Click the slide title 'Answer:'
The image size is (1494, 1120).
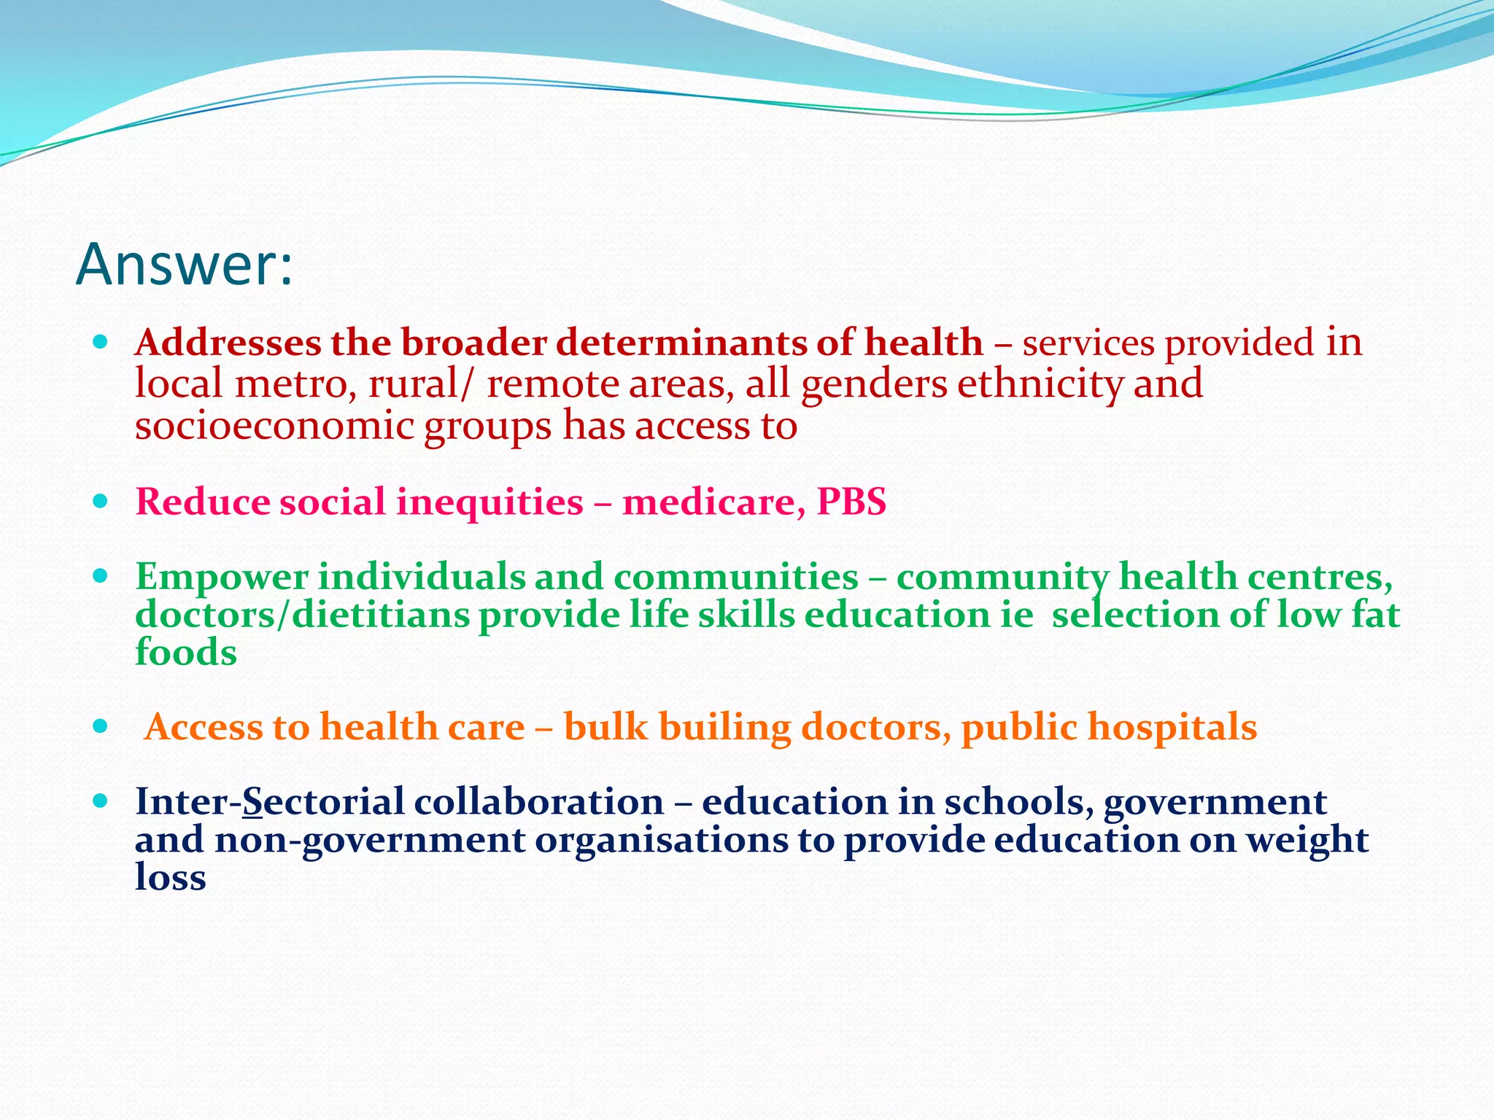tap(184, 264)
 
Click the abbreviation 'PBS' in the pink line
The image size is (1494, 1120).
tap(851, 502)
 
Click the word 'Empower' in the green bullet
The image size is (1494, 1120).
tap(222, 577)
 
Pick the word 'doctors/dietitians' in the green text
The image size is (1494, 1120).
tap(302, 615)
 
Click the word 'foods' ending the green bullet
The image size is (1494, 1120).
tap(186, 652)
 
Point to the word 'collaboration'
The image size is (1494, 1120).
tap(538, 802)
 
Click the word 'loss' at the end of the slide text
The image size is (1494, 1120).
tap(170, 877)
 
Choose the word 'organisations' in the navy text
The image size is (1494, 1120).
tap(662, 840)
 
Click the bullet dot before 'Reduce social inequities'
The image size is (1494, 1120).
tap(101, 502)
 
